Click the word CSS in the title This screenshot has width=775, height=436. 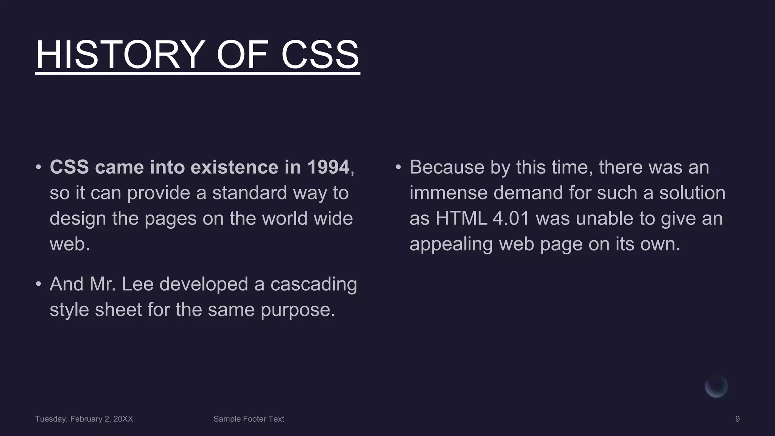[320, 55]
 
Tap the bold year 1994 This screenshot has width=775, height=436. [328, 167]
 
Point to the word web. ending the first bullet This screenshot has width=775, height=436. [70, 244]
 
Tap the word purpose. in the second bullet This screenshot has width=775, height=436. [298, 310]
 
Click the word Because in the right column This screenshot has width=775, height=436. [447, 167]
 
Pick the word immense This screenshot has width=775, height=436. [448, 193]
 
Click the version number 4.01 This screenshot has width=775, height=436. [510, 219]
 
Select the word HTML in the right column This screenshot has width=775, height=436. [461, 219]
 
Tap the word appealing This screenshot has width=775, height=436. [451, 244]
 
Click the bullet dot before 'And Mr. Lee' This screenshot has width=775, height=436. [39, 284]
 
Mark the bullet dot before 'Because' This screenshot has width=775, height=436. [398, 167]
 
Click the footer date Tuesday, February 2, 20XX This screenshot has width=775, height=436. [84, 419]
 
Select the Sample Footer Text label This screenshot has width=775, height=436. [249, 419]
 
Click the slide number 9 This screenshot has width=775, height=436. [737, 419]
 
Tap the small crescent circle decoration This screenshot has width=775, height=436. [716, 387]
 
